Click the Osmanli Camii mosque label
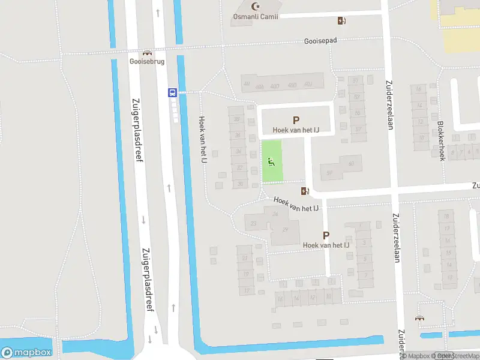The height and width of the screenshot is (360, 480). (x=256, y=16)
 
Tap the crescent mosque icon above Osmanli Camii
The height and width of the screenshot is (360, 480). (x=257, y=7)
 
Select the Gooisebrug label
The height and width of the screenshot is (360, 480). (x=143, y=61)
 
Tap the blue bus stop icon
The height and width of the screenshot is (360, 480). (x=172, y=92)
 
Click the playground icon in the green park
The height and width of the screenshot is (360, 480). (x=272, y=161)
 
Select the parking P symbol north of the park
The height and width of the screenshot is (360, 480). (x=295, y=120)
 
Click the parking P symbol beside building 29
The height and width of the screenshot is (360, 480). (x=326, y=236)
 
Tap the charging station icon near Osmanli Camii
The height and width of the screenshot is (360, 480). (x=341, y=21)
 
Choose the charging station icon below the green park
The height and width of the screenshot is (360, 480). (x=305, y=191)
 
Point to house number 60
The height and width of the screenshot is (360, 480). (x=351, y=163)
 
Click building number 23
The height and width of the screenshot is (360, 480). (x=254, y=224)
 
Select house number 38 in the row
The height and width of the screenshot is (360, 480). (x=237, y=119)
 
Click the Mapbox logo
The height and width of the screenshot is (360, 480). (x=26, y=352)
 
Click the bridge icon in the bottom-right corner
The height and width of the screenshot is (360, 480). (x=419, y=319)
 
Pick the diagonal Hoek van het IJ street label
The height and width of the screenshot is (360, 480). (x=295, y=204)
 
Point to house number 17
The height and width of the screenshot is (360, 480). (x=247, y=290)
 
